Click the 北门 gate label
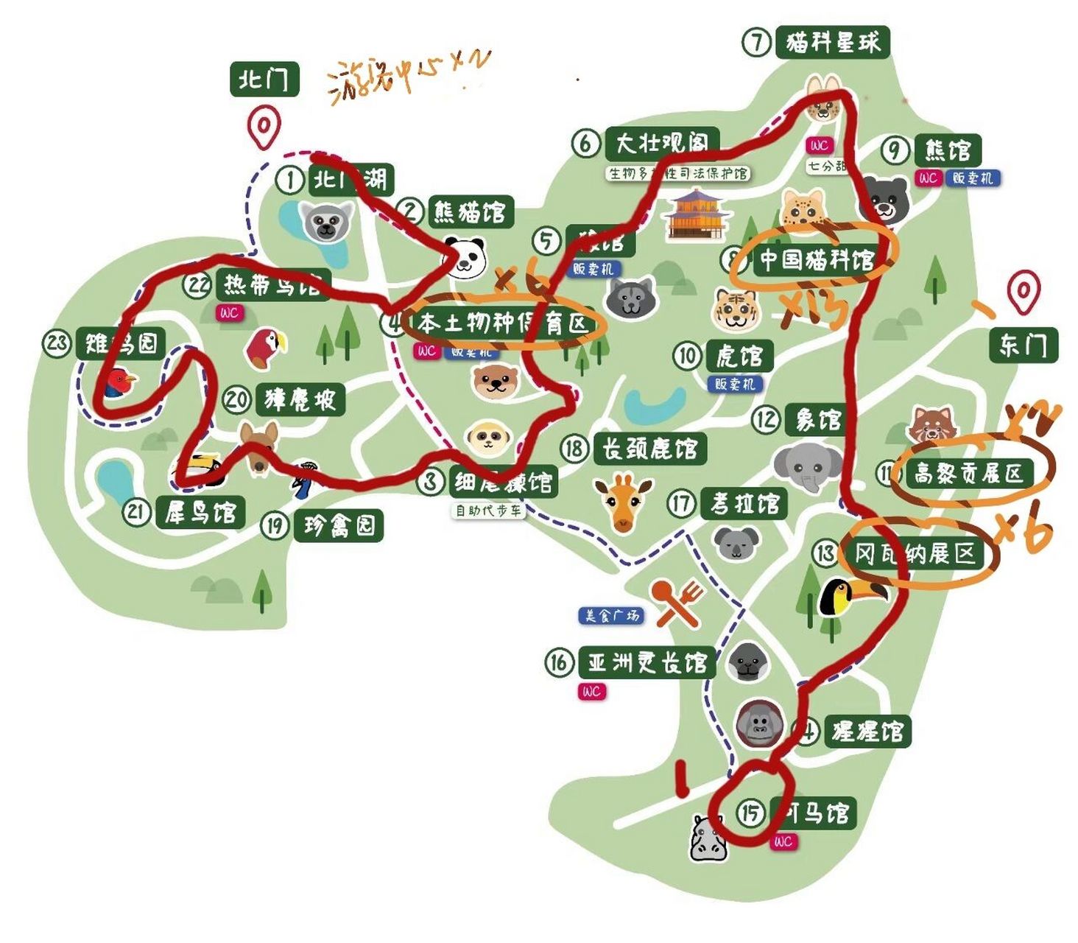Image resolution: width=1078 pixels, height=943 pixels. click(x=264, y=79)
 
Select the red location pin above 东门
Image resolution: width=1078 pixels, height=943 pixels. click(x=1024, y=292)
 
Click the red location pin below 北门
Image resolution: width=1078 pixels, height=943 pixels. click(x=264, y=126)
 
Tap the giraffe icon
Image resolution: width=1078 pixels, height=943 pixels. click(x=623, y=502)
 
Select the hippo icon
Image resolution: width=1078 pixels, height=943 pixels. click(x=708, y=838)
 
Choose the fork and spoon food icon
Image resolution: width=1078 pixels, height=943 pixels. click(x=676, y=600)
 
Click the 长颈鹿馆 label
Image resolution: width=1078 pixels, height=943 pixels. click(x=649, y=448)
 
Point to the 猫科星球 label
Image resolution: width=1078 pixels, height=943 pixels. click(x=832, y=42)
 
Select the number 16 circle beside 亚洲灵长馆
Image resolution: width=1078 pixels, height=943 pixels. click(x=559, y=662)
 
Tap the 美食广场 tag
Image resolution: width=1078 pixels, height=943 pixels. click(x=610, y=615)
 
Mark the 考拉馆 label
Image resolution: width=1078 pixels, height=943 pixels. click(x=744, y=504)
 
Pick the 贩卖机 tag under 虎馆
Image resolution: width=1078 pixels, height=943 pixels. click(x=735, y=384)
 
